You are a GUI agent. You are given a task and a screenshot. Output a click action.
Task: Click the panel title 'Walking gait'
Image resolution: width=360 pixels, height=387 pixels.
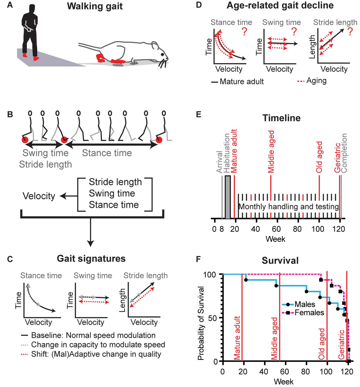(95, 6)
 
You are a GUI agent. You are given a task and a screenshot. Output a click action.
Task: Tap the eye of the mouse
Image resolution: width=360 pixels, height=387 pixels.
(162, 55)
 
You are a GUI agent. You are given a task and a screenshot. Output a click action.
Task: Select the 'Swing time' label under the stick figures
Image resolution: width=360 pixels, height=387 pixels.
(46, 153)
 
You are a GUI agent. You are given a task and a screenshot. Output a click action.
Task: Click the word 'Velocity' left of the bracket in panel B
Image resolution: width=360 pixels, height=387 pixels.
(39, 196)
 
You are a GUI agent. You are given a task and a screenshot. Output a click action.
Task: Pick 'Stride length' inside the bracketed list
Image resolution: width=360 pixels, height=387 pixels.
(115, 182)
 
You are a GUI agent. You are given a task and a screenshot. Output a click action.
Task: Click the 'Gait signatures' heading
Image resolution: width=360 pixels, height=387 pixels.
(91, 259)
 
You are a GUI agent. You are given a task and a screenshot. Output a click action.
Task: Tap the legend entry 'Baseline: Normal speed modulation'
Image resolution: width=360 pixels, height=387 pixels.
(93, 335)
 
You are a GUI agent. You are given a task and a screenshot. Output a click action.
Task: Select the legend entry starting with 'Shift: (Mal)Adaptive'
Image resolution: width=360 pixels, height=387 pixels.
(96, 354)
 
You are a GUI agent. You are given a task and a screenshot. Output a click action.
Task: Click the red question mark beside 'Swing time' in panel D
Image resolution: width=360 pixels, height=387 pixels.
(295, 31)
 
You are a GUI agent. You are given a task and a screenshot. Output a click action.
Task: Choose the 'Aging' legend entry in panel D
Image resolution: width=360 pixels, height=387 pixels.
(316, 81)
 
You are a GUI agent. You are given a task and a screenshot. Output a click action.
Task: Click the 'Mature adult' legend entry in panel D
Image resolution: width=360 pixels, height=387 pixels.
(241, 81)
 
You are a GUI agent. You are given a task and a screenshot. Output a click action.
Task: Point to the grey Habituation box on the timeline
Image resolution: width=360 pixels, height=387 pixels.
(228, 197)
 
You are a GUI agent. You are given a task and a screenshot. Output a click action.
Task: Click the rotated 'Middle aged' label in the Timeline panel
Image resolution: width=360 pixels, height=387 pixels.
(271, 152)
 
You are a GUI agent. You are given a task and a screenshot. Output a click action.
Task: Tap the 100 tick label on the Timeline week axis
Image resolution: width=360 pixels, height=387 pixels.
(318, 229)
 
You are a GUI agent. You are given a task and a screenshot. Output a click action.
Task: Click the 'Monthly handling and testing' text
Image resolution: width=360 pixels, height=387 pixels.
(288, 207)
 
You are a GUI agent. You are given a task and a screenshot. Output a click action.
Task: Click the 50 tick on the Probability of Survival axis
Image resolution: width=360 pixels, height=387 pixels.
(212, 318)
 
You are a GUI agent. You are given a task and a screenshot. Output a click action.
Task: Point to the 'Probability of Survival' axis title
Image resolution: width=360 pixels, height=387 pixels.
(201, 323)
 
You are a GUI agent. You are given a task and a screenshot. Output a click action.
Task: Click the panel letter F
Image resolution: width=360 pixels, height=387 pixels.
(198, 259)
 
